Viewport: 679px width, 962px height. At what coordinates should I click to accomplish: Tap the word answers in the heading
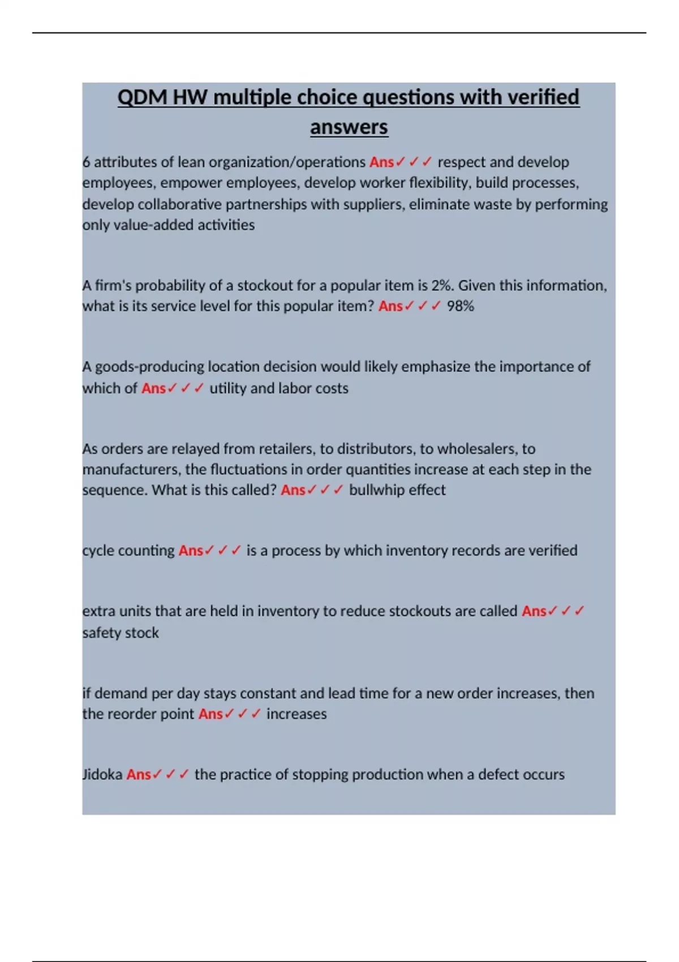click(349, 127)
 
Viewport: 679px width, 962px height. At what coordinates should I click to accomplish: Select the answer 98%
click(460, 306)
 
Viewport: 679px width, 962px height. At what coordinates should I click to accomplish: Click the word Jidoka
click(102, 774)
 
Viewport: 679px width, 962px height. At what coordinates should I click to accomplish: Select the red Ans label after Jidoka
click(139, 774)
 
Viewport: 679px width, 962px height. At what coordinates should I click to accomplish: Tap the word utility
click(227, 388)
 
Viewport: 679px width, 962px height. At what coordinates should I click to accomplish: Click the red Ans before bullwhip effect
click(293, 490)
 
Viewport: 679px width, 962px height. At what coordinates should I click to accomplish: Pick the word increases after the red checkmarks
click(296, 714)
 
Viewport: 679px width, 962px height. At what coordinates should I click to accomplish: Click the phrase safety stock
click(121, 633)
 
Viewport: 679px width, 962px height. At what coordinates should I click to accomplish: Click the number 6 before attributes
click(86, 162)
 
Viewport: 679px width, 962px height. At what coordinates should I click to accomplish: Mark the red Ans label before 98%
click(390, 306)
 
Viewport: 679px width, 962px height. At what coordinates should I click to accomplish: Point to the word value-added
click(149, 225)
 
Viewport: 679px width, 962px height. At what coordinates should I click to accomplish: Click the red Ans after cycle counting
click(191, 551)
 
